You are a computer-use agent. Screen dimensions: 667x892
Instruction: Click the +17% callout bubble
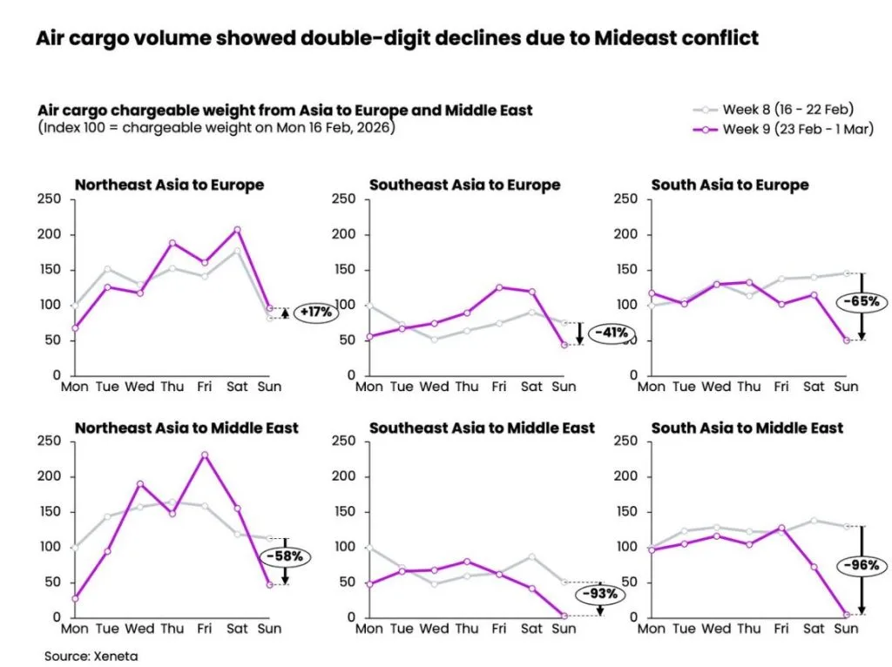click(316, 312)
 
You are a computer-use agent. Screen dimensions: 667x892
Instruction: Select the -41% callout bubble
click(609, 333)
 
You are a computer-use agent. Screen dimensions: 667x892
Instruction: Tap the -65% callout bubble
click(861, 302)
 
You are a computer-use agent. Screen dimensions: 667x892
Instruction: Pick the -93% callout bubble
click(601, 594)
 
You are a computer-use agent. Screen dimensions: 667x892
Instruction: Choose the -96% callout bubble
click(861, 565)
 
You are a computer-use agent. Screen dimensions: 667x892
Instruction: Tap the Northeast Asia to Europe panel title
click(169, 185)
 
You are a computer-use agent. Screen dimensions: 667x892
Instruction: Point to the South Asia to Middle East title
click(747, 428)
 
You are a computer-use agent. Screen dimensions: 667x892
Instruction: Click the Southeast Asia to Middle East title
click(482, 428)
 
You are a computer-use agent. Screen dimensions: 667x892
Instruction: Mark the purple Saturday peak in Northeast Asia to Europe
click(237, 230)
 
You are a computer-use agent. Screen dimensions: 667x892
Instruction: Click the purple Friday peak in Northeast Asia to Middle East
click(204, 455)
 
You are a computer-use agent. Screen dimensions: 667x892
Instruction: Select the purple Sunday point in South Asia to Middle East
click(846, 615)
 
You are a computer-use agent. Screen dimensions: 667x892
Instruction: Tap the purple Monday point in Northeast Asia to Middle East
click(76, 598)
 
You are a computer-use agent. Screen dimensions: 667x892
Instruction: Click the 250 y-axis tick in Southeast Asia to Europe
click(345, 199)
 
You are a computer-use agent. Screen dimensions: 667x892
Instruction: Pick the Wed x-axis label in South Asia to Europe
click(716, 387)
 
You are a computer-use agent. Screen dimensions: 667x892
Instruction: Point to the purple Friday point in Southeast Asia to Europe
click(499, 286)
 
